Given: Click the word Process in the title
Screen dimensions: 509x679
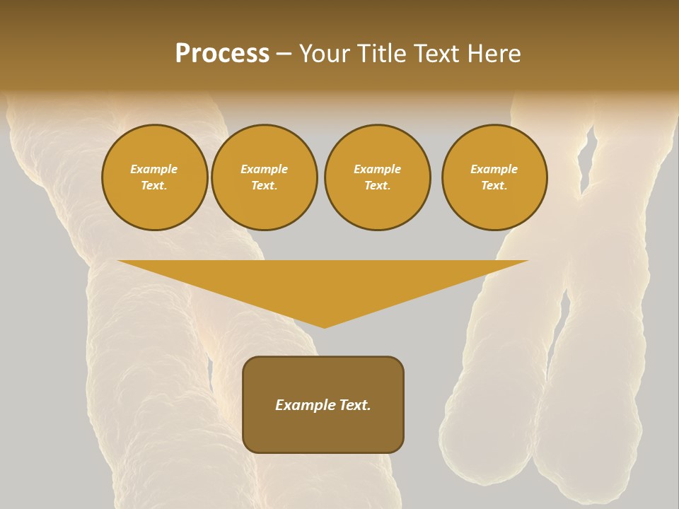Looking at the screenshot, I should click(222, 54).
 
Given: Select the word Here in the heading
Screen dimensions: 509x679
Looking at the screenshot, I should click(494, 54).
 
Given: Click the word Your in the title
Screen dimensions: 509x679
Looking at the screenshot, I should click(324, 54).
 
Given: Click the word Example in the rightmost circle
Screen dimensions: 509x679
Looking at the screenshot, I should click(494, 169).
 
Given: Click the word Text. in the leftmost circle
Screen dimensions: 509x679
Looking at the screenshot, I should click(154, 186).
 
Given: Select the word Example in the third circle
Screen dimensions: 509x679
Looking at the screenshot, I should click(377, 169).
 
